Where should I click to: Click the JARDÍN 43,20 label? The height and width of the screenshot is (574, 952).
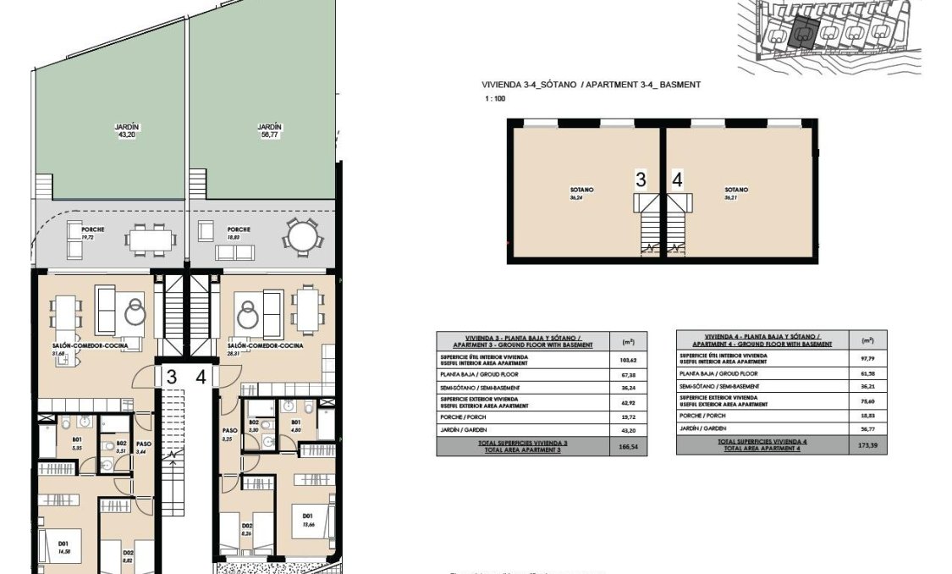coord(127,130)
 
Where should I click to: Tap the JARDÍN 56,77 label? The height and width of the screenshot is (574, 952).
coord(269,130)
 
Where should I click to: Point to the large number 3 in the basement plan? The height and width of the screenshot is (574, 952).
coord(641,179)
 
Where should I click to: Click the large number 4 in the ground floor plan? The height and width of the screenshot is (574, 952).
coord(201,377)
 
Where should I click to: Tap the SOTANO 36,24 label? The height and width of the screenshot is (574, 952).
coord(582,194)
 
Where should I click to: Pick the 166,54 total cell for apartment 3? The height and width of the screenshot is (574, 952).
coord(627,447)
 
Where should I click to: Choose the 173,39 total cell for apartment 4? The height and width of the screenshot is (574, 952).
coord(867,445)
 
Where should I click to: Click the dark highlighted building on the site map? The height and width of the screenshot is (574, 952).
coord(800,36)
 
